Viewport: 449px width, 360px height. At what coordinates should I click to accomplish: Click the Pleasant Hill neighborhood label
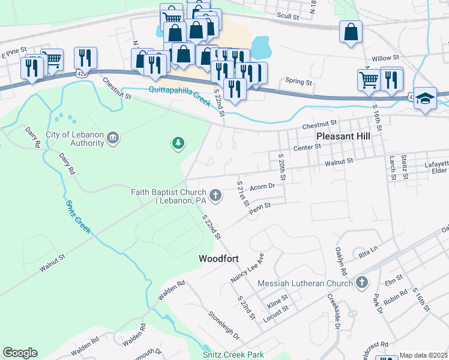(x=343, y=136)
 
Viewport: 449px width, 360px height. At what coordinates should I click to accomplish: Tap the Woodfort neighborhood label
(x=219, y=259)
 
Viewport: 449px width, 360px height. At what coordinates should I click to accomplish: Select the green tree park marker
(x=178, y=143)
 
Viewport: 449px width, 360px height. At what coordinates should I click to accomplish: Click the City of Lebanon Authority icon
(x=112, y=139)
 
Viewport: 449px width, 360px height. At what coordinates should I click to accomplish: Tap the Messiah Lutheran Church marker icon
(x=361, y=282)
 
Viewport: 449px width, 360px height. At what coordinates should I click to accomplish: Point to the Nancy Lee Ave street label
(x=247, y=268)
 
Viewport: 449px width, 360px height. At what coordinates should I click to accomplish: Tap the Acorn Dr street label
(x=262, y=187)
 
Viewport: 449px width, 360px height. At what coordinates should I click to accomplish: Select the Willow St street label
(x=385, y=58)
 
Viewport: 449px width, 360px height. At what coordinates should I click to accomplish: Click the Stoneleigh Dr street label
(x=223, y=325)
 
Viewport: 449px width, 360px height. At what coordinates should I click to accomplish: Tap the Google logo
(x=20, y=353)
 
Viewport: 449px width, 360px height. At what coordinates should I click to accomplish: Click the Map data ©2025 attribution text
(x=424, y=355)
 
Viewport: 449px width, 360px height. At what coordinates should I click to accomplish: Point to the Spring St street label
(x=299, y=81)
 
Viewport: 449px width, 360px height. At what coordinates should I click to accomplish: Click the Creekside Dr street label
(x=334, y=311)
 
